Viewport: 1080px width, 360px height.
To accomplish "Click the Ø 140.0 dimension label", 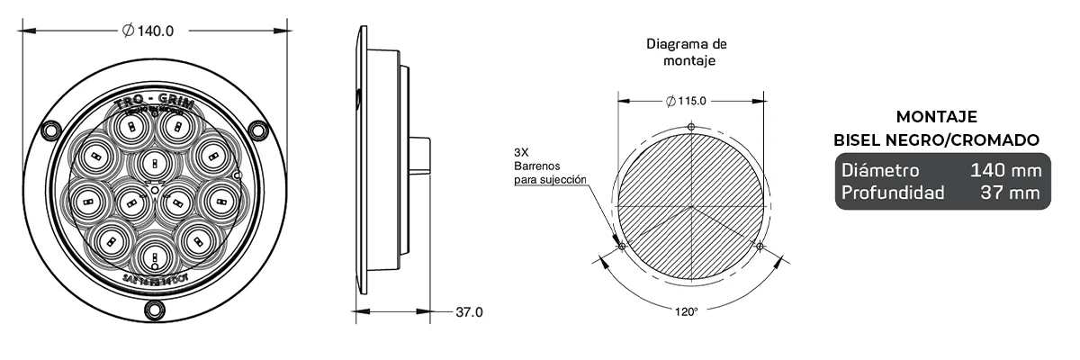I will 148,31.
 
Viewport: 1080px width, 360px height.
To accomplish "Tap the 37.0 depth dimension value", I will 468,312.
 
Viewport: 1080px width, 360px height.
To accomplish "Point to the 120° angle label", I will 686,312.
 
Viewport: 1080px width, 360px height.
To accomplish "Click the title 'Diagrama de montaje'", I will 687,52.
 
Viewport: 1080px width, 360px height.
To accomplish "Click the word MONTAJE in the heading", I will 937,117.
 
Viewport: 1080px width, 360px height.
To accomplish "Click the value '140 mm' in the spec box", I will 1005,170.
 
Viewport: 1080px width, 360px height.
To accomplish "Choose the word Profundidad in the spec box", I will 892,193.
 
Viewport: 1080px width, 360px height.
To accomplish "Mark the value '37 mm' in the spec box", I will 1012,193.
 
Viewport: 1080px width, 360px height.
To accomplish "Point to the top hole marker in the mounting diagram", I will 690,126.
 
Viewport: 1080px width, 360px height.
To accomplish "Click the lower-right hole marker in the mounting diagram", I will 760,246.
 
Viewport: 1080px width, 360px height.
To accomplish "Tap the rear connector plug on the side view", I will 418,155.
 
